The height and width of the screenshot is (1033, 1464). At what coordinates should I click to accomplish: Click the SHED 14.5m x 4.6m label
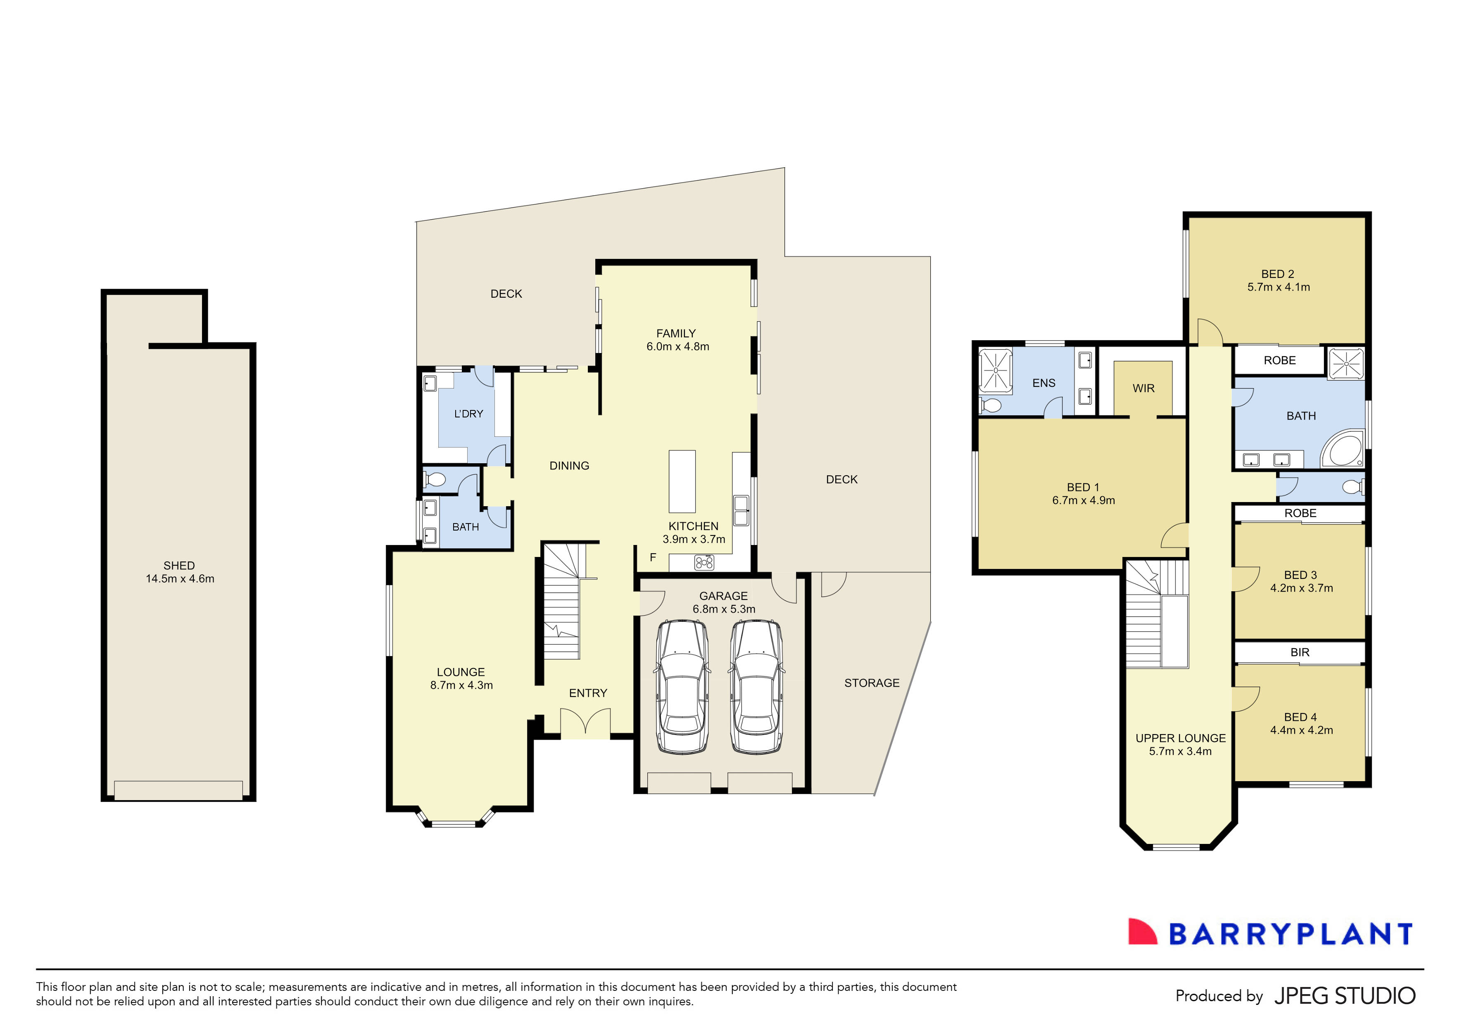[x=179, y=572]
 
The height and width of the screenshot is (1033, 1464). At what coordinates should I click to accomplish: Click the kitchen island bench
[x=681, y=481]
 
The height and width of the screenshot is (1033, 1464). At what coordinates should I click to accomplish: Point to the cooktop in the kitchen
[x=703, y=562]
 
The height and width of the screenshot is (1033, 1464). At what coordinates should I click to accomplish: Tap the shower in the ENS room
[x=995, y=369]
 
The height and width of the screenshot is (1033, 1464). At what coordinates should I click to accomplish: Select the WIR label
[x=1143, y=388]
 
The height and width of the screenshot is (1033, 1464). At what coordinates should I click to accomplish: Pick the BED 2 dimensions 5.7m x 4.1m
[x=1279, y=287]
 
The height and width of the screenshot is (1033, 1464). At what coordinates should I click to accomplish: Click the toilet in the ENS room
[x=991, y=405]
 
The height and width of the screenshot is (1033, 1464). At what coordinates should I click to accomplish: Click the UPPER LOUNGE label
[x=1180, y=738]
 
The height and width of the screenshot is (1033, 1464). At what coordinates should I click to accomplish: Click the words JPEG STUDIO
[x=1345, y=996]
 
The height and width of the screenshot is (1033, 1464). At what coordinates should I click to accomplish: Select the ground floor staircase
[x=561, y=602]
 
